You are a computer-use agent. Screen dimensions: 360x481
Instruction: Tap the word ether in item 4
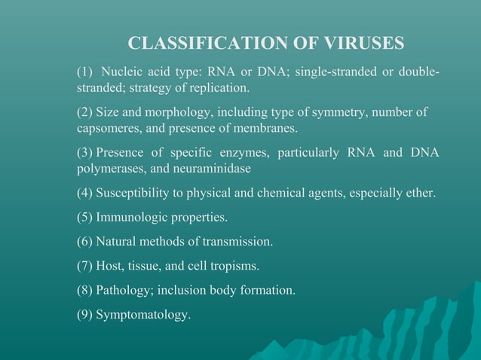tap(419, 193)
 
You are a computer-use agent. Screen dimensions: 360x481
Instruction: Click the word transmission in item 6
tap(237, 242)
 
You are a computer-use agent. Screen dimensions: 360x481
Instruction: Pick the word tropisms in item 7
tap(235, 266)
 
